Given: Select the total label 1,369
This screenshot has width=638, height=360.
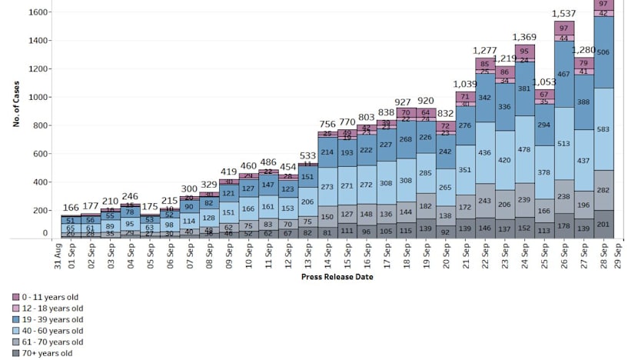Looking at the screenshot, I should pyautogui.click(x=526, y=37).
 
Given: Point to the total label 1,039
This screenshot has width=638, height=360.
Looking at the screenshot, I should pyautogui.click(x=466, y=83).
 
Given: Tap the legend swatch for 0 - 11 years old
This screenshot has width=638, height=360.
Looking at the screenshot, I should pyautogui.click(x=17, y=297).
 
